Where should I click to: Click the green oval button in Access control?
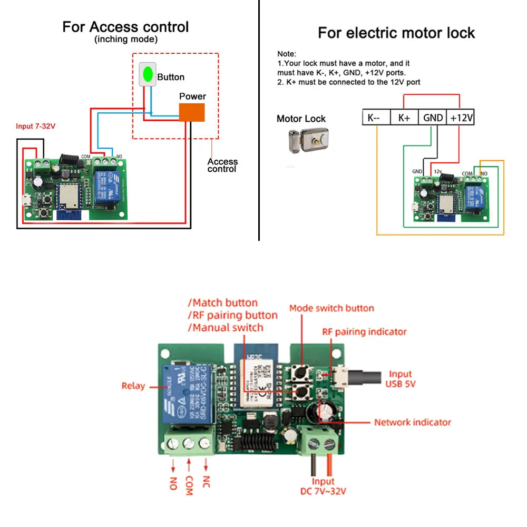[x=148, y=74]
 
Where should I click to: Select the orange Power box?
[x=192, y=112]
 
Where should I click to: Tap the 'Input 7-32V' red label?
[x=35, y=126]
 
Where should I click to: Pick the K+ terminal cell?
[x=404, y=118]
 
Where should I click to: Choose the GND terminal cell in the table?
[x=433, y=118]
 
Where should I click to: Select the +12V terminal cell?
[x=461, y=118]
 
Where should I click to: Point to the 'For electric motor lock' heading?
[x=396, y=33]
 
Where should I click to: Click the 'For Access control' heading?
[x=125, y=27]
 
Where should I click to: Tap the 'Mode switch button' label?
[x=331, y=308]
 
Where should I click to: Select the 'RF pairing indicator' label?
[x=364, y=332]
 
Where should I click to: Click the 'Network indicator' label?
[x=413, y=422]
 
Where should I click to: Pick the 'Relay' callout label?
[x=133, y=386]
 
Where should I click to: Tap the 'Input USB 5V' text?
[x=401, y=379]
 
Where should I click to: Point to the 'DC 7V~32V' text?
[x=323, y=492]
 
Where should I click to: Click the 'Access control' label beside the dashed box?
[x=222, y=165]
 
